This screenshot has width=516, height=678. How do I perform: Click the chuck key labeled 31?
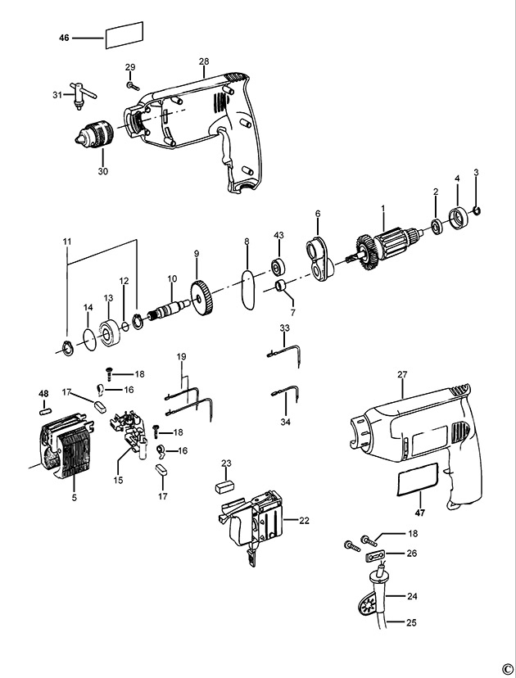[x=81, y=94]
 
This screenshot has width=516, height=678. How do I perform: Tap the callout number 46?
[x=64, y=38]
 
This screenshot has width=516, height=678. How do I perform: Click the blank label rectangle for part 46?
[x=124, y=35]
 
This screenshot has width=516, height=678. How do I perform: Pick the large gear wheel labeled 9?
[x=202, y=298]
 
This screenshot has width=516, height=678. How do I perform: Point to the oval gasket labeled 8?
[x=248, y=290]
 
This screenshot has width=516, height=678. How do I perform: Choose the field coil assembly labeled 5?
[x=66, y=445]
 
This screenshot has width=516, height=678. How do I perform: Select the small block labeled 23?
[x=225, y=487]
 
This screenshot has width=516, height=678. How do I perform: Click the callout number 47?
[x=420, y=513]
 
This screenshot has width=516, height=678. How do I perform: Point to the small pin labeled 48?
[x=45, y=411]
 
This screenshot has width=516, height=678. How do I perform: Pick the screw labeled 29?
[x=133, y=86]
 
